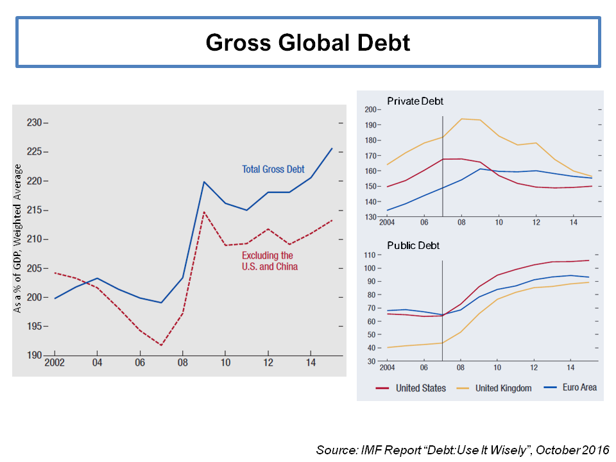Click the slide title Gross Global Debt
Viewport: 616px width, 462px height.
[308, 42]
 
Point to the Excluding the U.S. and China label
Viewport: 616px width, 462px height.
[269, 261]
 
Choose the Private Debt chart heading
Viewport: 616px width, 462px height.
[415, 101]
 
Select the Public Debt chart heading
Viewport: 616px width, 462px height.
[413, 245]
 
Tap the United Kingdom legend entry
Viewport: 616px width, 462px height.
[503, 388]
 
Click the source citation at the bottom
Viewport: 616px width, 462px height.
[463, 449]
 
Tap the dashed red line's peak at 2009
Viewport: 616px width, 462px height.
[203, 212]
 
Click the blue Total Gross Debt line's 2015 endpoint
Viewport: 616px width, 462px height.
[332, 148]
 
